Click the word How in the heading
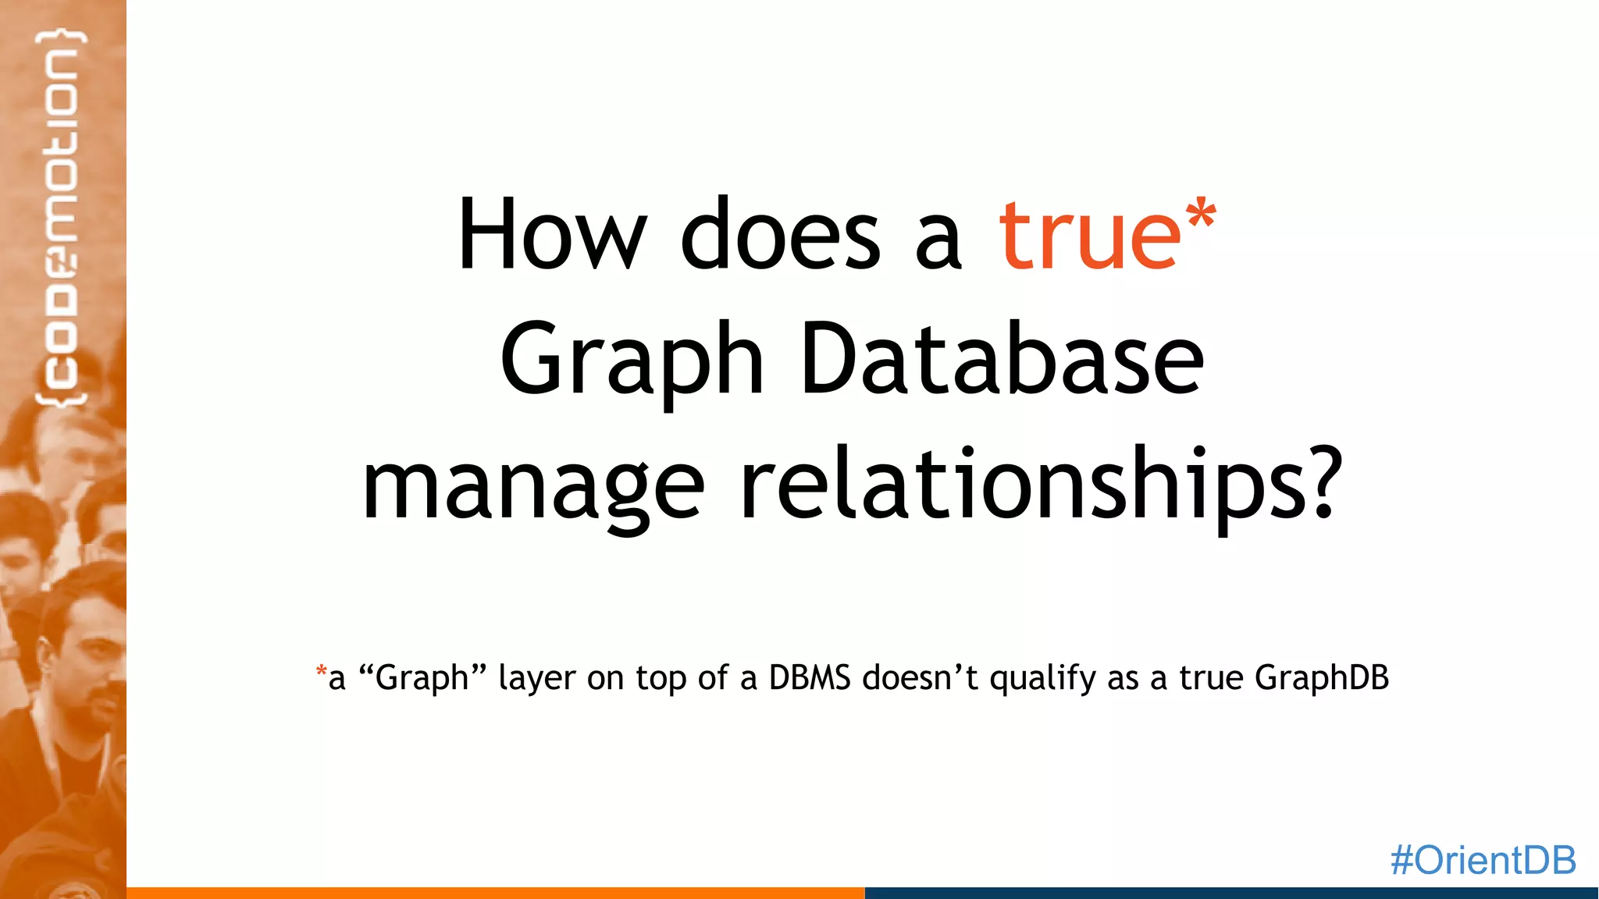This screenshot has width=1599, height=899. tap(551, 234)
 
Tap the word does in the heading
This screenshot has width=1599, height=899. tap(781, 234)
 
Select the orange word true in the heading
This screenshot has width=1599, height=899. tap(1090, 234)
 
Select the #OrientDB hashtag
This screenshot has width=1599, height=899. tap(1483, 860)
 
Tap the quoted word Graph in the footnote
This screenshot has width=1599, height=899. tap(422, 677)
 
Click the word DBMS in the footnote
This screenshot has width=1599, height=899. tap(809, 677)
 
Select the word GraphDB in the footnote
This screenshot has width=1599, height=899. tap(1321, 677)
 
